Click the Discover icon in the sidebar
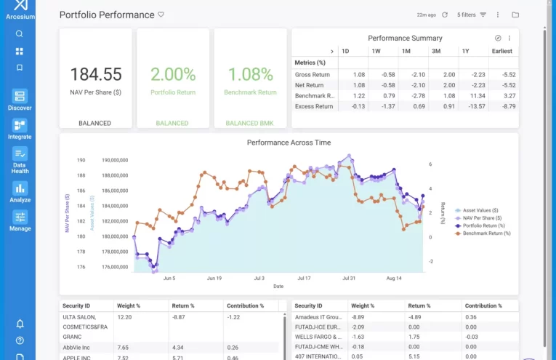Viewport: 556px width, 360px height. coord(20,96)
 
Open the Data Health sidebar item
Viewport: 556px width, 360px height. coord(20,153)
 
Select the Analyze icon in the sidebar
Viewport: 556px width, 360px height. coord(20,188)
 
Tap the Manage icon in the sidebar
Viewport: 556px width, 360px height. coord(20,217)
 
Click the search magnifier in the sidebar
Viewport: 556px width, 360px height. coord(20,33)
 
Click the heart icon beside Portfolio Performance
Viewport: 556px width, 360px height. coord(161,15)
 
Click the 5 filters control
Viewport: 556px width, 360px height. coord(471,15)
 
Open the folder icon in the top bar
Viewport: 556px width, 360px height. coord(515,15)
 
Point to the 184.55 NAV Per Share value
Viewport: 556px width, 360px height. coord(95,74)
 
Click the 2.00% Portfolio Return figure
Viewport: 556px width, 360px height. coord(173,74)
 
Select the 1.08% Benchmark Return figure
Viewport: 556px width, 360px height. coord(251,74)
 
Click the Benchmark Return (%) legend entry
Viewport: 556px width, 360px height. coord(487,233)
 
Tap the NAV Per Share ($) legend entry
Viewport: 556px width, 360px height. coord(482,218)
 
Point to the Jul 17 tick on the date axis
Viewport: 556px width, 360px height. coord(304,278)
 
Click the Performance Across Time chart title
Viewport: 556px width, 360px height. coord(289,143)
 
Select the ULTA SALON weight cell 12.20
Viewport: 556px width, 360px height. coord(125,317)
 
